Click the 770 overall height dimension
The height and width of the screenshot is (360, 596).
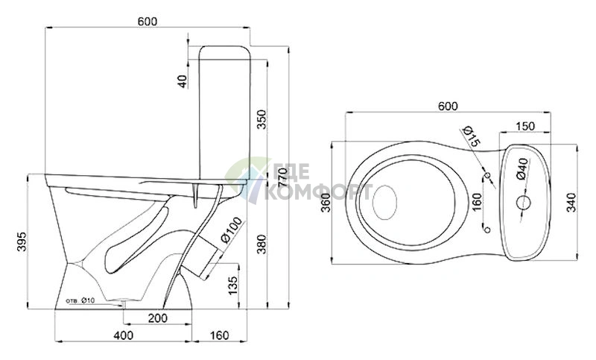283,177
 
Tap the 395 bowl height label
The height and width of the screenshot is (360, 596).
22,241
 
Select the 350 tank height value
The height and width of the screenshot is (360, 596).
262,119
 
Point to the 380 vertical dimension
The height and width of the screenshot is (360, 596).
262,244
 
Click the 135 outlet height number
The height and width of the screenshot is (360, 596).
233,285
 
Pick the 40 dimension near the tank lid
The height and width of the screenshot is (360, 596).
183,81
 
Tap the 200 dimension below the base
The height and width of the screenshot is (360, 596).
157,318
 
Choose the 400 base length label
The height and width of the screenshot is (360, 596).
124,335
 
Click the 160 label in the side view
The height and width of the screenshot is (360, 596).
220,335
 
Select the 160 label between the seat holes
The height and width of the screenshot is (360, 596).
476,202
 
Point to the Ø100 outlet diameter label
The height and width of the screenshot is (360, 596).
231,230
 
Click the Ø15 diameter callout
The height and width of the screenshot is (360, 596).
472,137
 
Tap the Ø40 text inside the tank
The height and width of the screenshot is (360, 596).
523,168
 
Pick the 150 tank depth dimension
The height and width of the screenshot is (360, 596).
526,126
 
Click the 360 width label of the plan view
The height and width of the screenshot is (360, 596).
326,203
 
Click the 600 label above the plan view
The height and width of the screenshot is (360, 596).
448,106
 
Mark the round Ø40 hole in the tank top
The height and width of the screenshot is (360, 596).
524,202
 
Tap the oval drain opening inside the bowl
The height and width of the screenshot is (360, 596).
384,203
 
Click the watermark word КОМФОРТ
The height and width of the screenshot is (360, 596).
318,192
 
